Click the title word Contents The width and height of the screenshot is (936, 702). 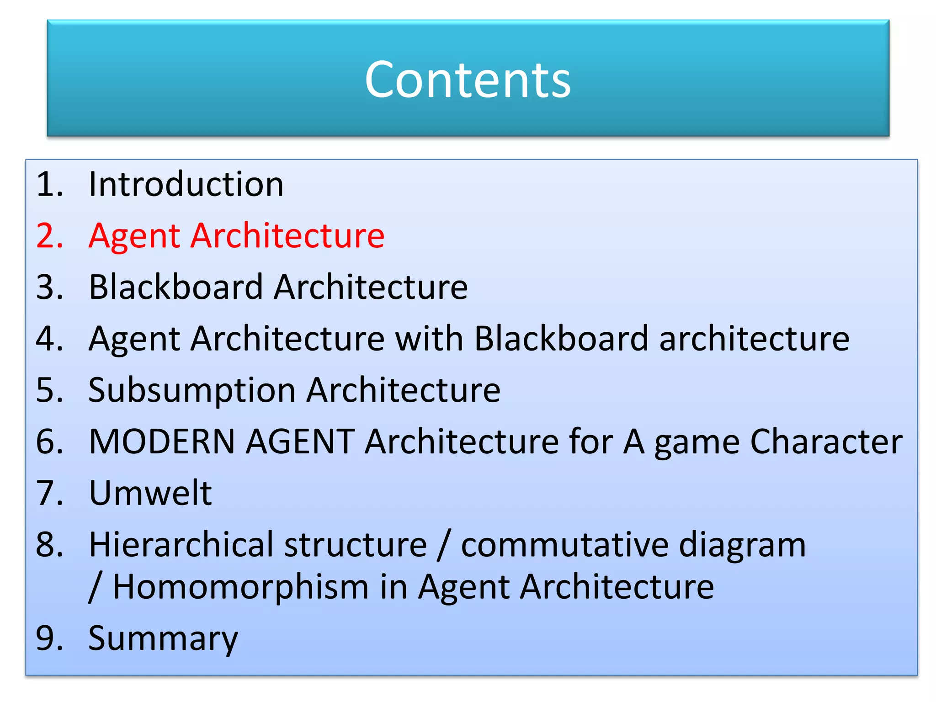click(x=468, y=80)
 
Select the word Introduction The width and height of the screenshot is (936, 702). click(x=186, y=184)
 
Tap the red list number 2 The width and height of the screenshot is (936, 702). click(x=49, y=236)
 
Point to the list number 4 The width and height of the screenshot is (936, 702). click(x=49, y=339)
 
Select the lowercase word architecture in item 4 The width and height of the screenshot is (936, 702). click(x=754, y=339)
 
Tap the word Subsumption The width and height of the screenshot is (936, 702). click(x=192, y=390)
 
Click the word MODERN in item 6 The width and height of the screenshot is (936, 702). click(x=162, y=441)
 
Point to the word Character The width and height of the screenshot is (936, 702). click(x=826, y=441)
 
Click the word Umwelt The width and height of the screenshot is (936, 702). click(x=150, y=493)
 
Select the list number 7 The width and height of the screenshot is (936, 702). click(x=49, y=493)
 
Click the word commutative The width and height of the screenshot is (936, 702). click(x=565, y=545)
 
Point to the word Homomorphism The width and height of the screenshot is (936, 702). click(x=240, y=587)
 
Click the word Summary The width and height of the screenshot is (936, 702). click(x=163, y=639)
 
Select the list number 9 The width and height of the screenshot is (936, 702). click(x=49, y=638)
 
